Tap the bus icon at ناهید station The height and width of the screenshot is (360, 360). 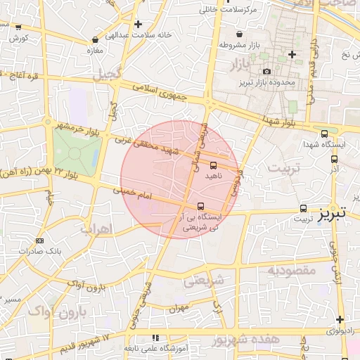coord(213,165)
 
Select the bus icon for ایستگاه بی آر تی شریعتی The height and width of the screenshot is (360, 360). coord(202,206)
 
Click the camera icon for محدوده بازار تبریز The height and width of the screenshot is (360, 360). coord(266,71)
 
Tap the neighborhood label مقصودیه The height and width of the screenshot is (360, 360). coord(293,270)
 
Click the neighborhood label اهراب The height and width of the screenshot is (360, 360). coord(95,229)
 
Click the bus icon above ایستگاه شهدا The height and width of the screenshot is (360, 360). coord(324,134)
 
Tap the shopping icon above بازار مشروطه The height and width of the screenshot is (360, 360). coord(240,33)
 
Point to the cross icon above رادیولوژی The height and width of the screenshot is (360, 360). coord(340,319)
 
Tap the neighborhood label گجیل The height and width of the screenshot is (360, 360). coord(112,71)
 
